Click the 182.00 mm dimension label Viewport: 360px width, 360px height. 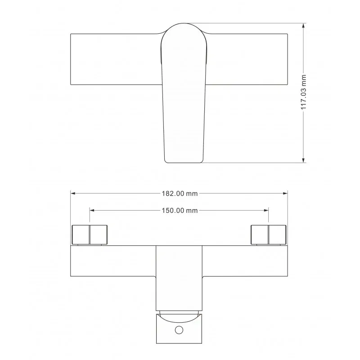tap(180, 193)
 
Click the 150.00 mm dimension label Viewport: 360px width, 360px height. tap(180, 211)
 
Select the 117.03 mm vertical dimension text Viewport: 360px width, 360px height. tap(304, 92)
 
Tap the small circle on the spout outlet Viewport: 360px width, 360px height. tap(179, 330)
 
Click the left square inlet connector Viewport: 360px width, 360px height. tap(90, 234)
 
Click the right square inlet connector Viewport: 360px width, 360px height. tap(268, 234)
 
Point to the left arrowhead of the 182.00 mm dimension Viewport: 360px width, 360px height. tap(73, 193)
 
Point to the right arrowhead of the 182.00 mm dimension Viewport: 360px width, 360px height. tap(285, 193)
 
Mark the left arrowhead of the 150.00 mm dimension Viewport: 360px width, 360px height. tap(92, 210)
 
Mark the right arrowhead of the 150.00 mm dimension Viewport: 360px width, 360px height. tap(266, 210)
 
